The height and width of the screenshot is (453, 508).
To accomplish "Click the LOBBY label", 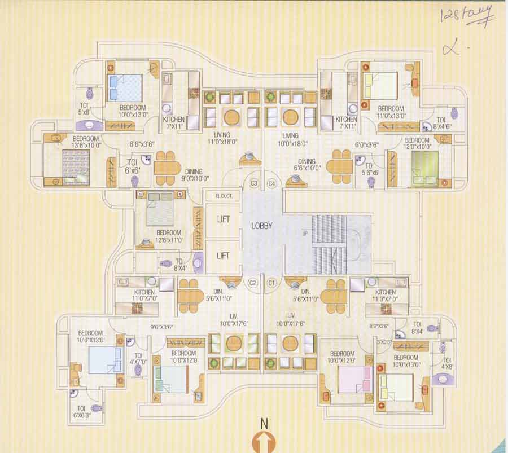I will coord(261,226).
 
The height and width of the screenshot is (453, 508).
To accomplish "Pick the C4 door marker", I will coord(271,183).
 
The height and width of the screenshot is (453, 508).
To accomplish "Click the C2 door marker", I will coord(254,282).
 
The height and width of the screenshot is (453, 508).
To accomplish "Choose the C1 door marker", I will coord(271,282).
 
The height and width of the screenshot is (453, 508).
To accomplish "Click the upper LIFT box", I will coord(223,219).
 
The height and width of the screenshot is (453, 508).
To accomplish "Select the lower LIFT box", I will coord(223,256).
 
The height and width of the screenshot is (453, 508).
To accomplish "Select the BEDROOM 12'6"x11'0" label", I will coord(169,236).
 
